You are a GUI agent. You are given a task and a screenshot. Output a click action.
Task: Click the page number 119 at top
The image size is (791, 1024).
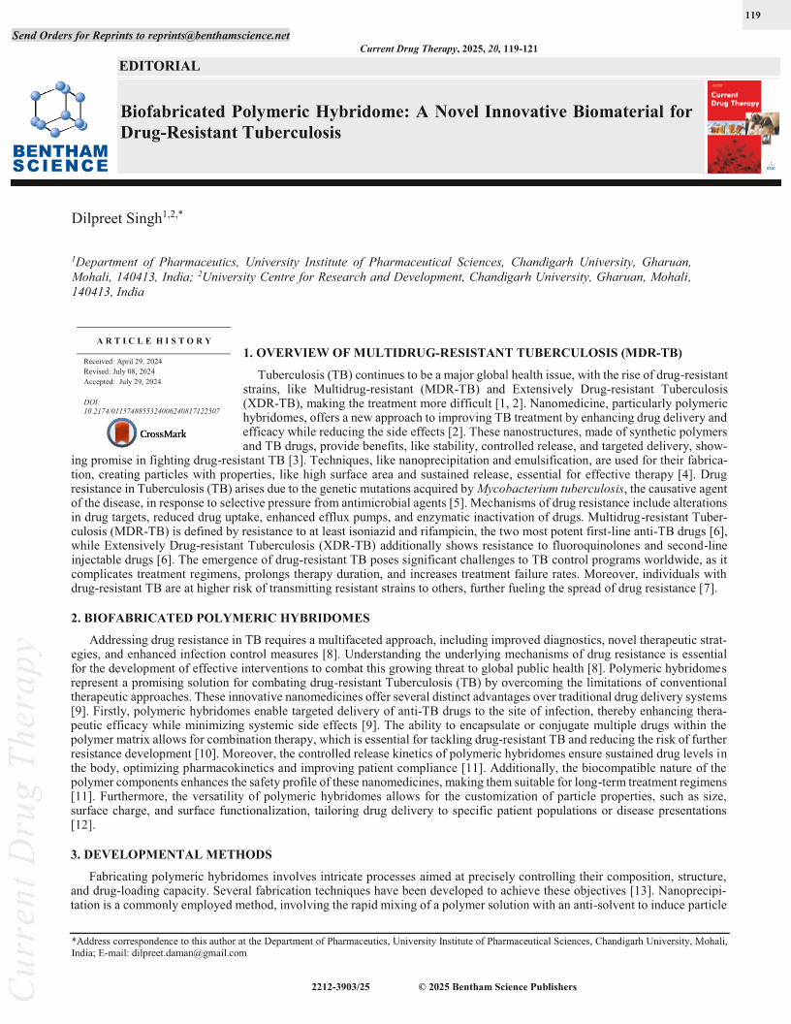point(752,15)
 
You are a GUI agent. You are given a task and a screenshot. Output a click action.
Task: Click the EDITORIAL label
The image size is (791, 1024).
point(159,67)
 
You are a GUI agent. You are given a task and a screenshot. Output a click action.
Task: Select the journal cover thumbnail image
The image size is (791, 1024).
point(735,127)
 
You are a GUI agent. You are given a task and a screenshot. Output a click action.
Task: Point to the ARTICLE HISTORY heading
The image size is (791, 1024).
point(154,340)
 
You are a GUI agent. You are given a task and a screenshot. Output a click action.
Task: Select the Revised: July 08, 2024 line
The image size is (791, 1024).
point(121,371)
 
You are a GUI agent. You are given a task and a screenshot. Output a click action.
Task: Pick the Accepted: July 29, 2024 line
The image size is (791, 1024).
point(122,382)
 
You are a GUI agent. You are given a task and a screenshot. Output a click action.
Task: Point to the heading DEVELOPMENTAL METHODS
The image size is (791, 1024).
point(172,854)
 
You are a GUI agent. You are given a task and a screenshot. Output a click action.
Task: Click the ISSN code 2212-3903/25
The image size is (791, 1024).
point(341,987)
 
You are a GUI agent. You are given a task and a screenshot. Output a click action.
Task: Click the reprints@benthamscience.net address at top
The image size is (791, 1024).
point(219,36)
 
